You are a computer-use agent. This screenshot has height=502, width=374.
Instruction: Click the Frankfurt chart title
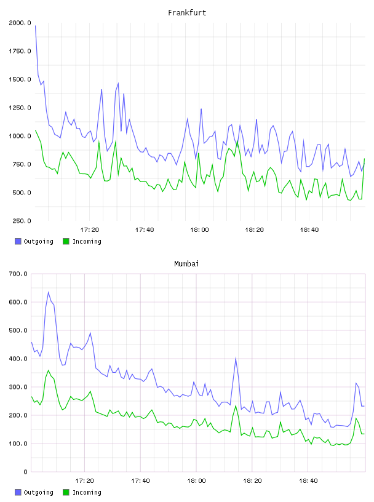[x=187, y=13]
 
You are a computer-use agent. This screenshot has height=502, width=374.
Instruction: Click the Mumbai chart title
[x=186, y=264]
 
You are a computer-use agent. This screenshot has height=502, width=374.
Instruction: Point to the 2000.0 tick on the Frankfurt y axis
[x=20, y=23]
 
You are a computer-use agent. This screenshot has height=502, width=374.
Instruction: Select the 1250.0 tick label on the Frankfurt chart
[x=20, y=108]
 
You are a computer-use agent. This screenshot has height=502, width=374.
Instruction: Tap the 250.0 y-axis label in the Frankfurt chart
[x=22, y=221]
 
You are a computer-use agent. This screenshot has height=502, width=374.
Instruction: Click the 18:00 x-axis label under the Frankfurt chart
[x=199, y=230]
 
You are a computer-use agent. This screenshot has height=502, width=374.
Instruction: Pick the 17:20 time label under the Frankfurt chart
[x=89, y=230]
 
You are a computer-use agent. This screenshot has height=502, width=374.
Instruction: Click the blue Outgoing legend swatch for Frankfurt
[x=18, y=241]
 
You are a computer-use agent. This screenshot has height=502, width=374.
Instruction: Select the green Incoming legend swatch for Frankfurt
[x=66, y=241]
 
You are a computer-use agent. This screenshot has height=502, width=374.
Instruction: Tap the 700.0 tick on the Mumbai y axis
[x=18, y=274]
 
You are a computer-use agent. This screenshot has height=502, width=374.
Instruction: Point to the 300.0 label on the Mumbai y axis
[x=18, y=387]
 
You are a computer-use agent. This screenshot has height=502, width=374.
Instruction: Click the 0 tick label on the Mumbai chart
[x=25, y=472]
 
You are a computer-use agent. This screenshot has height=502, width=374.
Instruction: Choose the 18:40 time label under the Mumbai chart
[x=308, y=481]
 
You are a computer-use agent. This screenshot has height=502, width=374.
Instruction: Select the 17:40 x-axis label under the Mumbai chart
[x=141, y=481]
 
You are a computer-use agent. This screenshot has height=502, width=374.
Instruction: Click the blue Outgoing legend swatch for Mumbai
[x=18, y=492]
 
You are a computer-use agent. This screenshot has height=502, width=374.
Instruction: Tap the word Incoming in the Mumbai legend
[x=87, y=492]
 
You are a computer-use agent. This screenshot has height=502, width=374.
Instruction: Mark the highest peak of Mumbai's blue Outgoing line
[x=49, y=292]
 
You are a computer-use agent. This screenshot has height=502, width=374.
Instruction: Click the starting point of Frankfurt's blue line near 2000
[x=35, y=26]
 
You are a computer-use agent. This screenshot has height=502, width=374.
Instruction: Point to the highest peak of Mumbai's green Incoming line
[x=49, y=370]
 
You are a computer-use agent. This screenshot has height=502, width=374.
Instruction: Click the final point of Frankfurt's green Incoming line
[x=364, y=159]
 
